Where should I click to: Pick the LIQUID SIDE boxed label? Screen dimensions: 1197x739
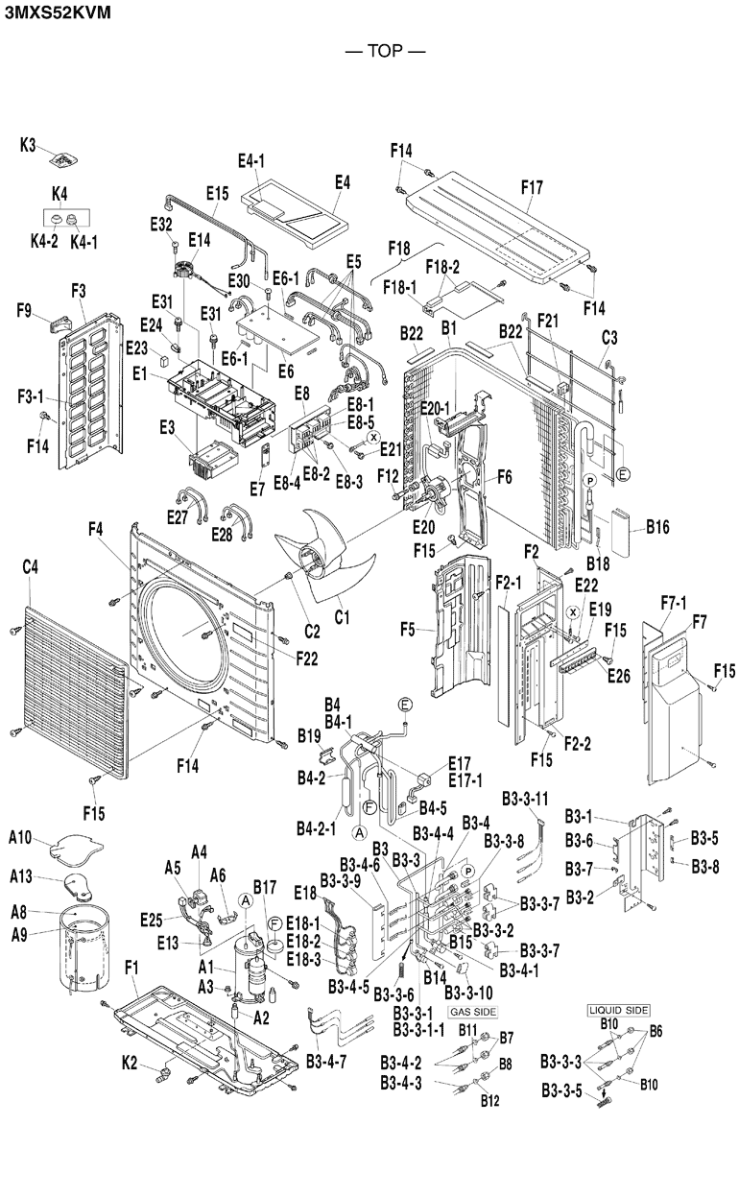point(618,1010)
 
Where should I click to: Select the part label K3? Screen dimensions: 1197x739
point(29,145)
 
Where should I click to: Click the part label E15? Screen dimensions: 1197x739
point(216,193)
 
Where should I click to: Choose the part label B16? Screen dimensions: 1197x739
point(657,527)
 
